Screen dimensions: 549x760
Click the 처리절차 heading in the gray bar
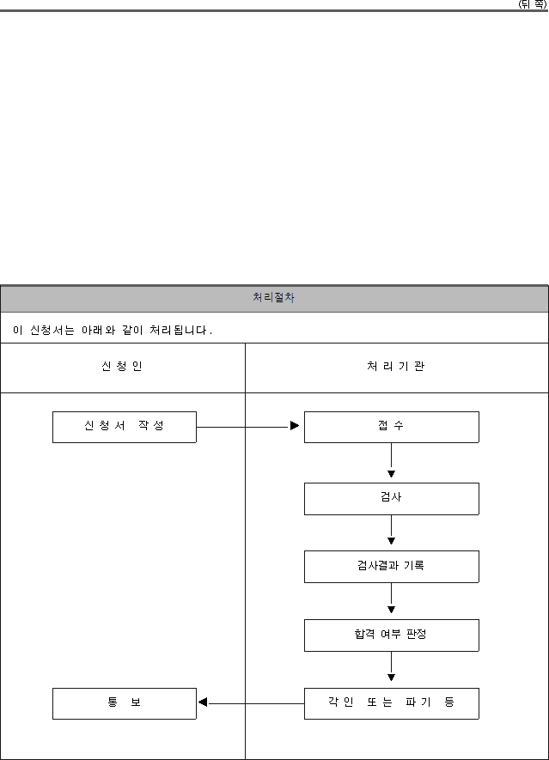pyautogui.click(x=273, y=297)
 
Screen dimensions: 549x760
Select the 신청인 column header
pyautogui.click(x=122, y=366)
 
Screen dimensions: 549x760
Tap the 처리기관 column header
pyautogui.click(x=396, y=366)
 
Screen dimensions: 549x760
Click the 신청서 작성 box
pyautogui.click(x=125, y=427)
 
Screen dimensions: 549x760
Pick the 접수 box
pyautogui.click(x=392, y=427)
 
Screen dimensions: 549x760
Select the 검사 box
pyautogui.click(x=392, y=499)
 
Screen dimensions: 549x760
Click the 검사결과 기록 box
pyautogui.click(x=392, y=567)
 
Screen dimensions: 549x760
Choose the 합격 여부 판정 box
pyautogui.click(x=392, y=635)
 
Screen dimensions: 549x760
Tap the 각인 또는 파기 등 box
pyautogui.click(x=392, y=703)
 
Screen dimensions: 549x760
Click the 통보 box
pyautogui.click(x=125, y=703)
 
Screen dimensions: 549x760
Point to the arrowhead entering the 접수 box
pyautogui.click(x=295, y=426)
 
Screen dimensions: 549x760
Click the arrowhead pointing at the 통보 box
pyautogui.click(x=203, y=702)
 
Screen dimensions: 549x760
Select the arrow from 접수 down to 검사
pyautogui.click(x=392, y=460)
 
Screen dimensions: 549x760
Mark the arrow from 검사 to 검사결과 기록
pyautogui.click(x=392, y=530)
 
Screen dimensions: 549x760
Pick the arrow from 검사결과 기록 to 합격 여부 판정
pyautogui.click(x=392, y=598)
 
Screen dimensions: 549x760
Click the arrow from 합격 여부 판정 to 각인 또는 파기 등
pyautogui.click(x=392, y=666)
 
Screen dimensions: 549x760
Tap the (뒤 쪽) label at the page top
pyautogui.click(x=533, y=4)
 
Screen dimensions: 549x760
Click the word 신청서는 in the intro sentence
pyautogui.click(x=52, y=330)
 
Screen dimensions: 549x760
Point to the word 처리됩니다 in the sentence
pyautogui.click(x=178, y=330)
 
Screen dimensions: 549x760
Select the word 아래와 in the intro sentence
pyautogui.click(x=99, y=330)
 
